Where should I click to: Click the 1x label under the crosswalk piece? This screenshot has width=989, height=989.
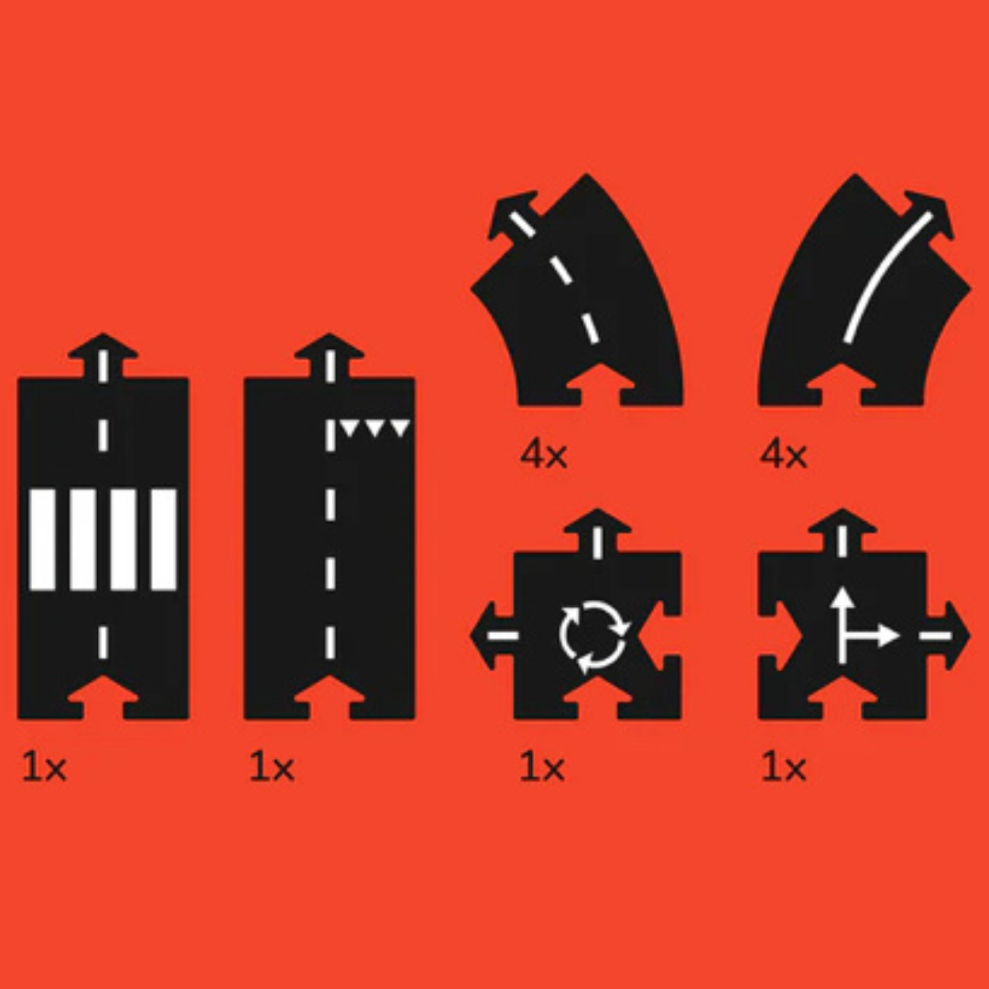pos(44,767)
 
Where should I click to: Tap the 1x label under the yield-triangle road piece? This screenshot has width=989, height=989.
pos(272,767)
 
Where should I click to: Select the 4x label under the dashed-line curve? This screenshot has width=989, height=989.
pos(544,453)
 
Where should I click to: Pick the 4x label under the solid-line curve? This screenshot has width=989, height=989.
pos(783,453)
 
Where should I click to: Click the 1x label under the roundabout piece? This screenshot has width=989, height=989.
pos(542,767)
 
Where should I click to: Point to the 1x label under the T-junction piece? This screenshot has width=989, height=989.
pos(784,767)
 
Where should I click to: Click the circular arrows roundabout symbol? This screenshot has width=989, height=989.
pos(593,636)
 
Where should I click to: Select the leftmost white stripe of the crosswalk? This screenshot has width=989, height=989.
pos(42,539)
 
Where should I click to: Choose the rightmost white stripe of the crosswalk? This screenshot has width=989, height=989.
pos(163,539)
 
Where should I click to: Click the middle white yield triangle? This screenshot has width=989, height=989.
pos(375,429)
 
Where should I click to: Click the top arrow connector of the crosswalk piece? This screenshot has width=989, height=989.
pos(103,355)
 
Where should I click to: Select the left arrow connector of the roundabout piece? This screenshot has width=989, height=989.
pos(494,636)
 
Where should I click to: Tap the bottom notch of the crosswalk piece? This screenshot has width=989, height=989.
pos(103,698)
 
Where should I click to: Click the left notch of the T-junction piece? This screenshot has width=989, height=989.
pos(780,636)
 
